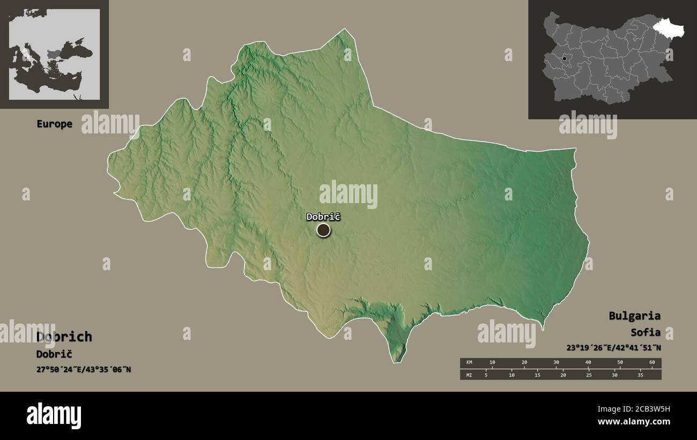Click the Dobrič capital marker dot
pyautogui.click(x=323, y=230)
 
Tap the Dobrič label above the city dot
pyautogui.click(x=323, y=217)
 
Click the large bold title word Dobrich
pyautogui.click(x=64, y=337)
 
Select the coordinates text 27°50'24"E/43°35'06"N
pyautogui.click(x=83, y=369)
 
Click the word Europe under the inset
pyautogui.click(x=54, y=124)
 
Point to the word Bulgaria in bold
pyautogui.click(x=634, y=316)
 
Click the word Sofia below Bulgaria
pyautogui.click(x=646, y=332)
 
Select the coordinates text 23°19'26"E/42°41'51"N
pyautogui.click(x=613, y=347)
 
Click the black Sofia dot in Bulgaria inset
pyautogui.click(x=564, y=58)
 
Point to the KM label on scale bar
pyautogui.click(x=470, y=363)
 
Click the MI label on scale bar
pyautogui.click(x=470, y=375)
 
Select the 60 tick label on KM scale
pyautogui.click(x=652, y=363)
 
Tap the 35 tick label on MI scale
pyautogui.click(x=640, y=375)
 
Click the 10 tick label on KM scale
pyautogui.click(x=492, y=363)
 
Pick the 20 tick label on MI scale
pyautogui.click(x=563, y=375)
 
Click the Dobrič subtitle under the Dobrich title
pyautogui.click(x=54, y=354)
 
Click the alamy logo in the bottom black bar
pyautogui.click(x=54, y=416)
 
